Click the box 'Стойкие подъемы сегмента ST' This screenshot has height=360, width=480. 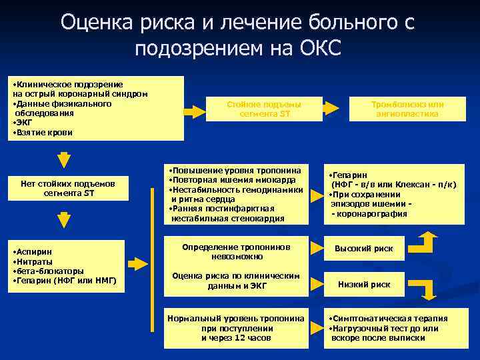[x=264, y=109]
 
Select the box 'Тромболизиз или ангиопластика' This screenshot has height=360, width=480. [x=407, y=109]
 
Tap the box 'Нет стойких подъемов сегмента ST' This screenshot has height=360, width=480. [x=63, y=188]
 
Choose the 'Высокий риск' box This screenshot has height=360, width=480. [x=363, y=249]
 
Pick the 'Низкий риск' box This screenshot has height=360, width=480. [x=363, y=284]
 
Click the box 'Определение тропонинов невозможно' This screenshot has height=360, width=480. [x=237, y=251]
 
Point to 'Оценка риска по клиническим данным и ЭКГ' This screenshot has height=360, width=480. [x=237, y=282]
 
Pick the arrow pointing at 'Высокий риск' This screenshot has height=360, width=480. [x=315, y=249]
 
